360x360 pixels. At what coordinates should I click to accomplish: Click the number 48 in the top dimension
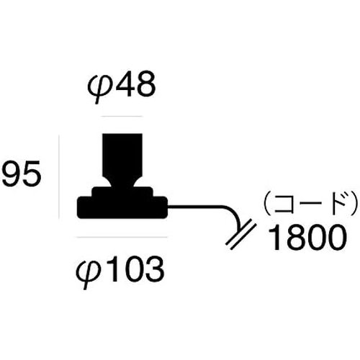tap(136, 84)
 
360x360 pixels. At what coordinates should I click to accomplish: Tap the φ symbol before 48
tap(100, 88)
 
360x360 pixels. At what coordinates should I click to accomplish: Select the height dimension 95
tap(21, 174)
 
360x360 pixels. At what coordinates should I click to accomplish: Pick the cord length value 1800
tap(307, 238)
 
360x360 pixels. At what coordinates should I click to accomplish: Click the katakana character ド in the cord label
tap(338, 203)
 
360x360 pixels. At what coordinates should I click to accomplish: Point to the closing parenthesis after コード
tap(354, 203)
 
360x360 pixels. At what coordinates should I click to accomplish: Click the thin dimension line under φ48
tap(122, 116)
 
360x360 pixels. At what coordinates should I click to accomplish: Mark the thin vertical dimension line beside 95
tap(59, 177)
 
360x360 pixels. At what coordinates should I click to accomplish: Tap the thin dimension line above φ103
tap(122, 237)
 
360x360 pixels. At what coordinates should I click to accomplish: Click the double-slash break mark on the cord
tap(241, 235)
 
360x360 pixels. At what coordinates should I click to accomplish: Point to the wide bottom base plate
tap(122, 207)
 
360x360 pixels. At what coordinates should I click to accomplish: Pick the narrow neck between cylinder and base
tap(122, 182)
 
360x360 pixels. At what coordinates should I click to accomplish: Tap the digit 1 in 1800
tap(275, 238)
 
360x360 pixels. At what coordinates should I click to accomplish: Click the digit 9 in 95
tap(11, 174)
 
